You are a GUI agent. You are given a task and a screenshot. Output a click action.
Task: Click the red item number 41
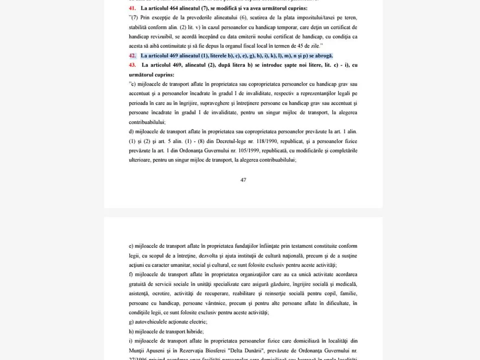point(132,8)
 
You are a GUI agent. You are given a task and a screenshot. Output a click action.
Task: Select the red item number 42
point(132,56)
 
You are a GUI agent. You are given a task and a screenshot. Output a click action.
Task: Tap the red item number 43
point(132,65)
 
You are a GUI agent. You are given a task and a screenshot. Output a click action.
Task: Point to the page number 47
point(243,180)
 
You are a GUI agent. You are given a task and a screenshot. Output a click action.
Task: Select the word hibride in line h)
point(194,332)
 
